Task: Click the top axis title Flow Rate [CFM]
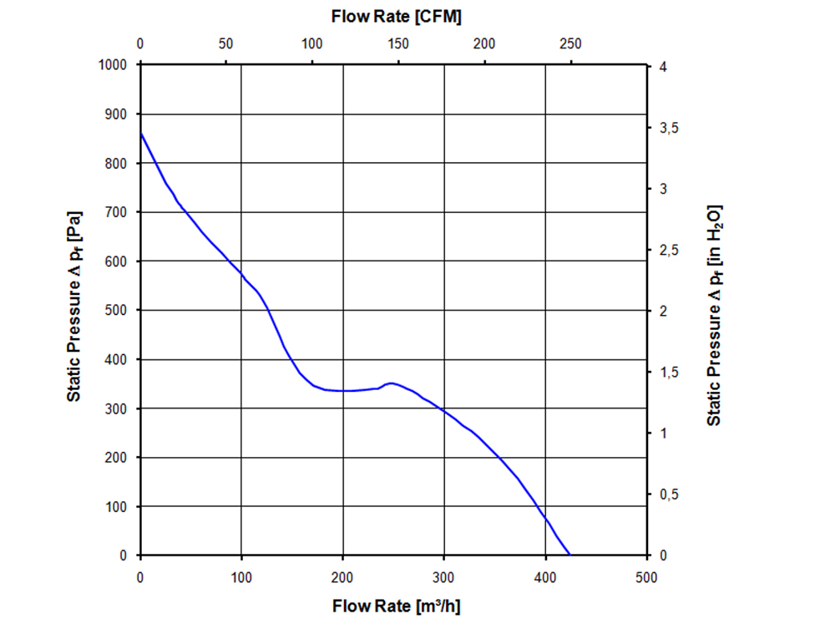click(x=396, y=16)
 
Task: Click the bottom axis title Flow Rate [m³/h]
click(x=396, y=605)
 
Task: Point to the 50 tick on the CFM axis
click(x=225, y=44)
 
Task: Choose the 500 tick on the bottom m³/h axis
click(x=646, y=576)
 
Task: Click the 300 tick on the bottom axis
click(x=444, y=576)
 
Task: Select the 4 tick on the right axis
click(x=662, y=66)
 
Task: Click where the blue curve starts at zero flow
click(x=140, y=134)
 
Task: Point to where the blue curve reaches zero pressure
click(x=569, y=555)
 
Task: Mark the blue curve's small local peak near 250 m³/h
click(x=391, y=383)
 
